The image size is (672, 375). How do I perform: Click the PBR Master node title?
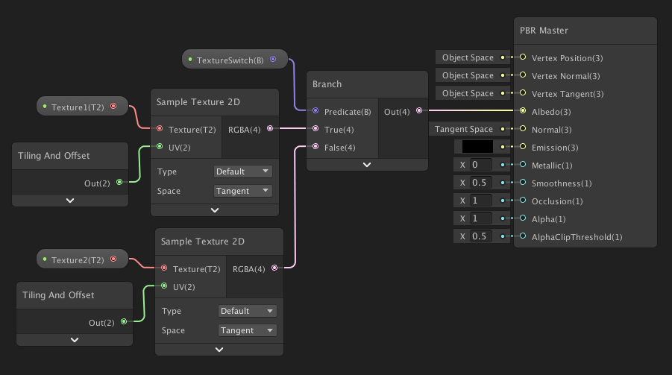[x=544, y=31]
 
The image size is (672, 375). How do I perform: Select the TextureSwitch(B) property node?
[x=230, y=60]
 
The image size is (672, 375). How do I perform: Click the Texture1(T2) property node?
[x=78, y=107]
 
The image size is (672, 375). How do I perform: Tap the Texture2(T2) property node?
[x=78, y=260]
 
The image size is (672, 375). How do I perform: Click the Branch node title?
[x=327, y=84]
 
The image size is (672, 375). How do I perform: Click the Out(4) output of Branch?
[x=419, y=111]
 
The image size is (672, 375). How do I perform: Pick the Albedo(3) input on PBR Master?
[x=523, y=111]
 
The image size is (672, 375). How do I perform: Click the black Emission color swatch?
[x=477, y=147]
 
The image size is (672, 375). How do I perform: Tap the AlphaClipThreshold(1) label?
[x=577, y=237]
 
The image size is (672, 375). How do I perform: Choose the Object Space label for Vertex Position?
[x=468, y=57]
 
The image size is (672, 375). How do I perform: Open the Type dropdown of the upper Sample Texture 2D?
[x=242, y=171]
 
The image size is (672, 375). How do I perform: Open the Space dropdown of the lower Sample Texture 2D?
[x=247, y=330]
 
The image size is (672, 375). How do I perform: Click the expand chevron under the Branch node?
[x=366, y=165]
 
